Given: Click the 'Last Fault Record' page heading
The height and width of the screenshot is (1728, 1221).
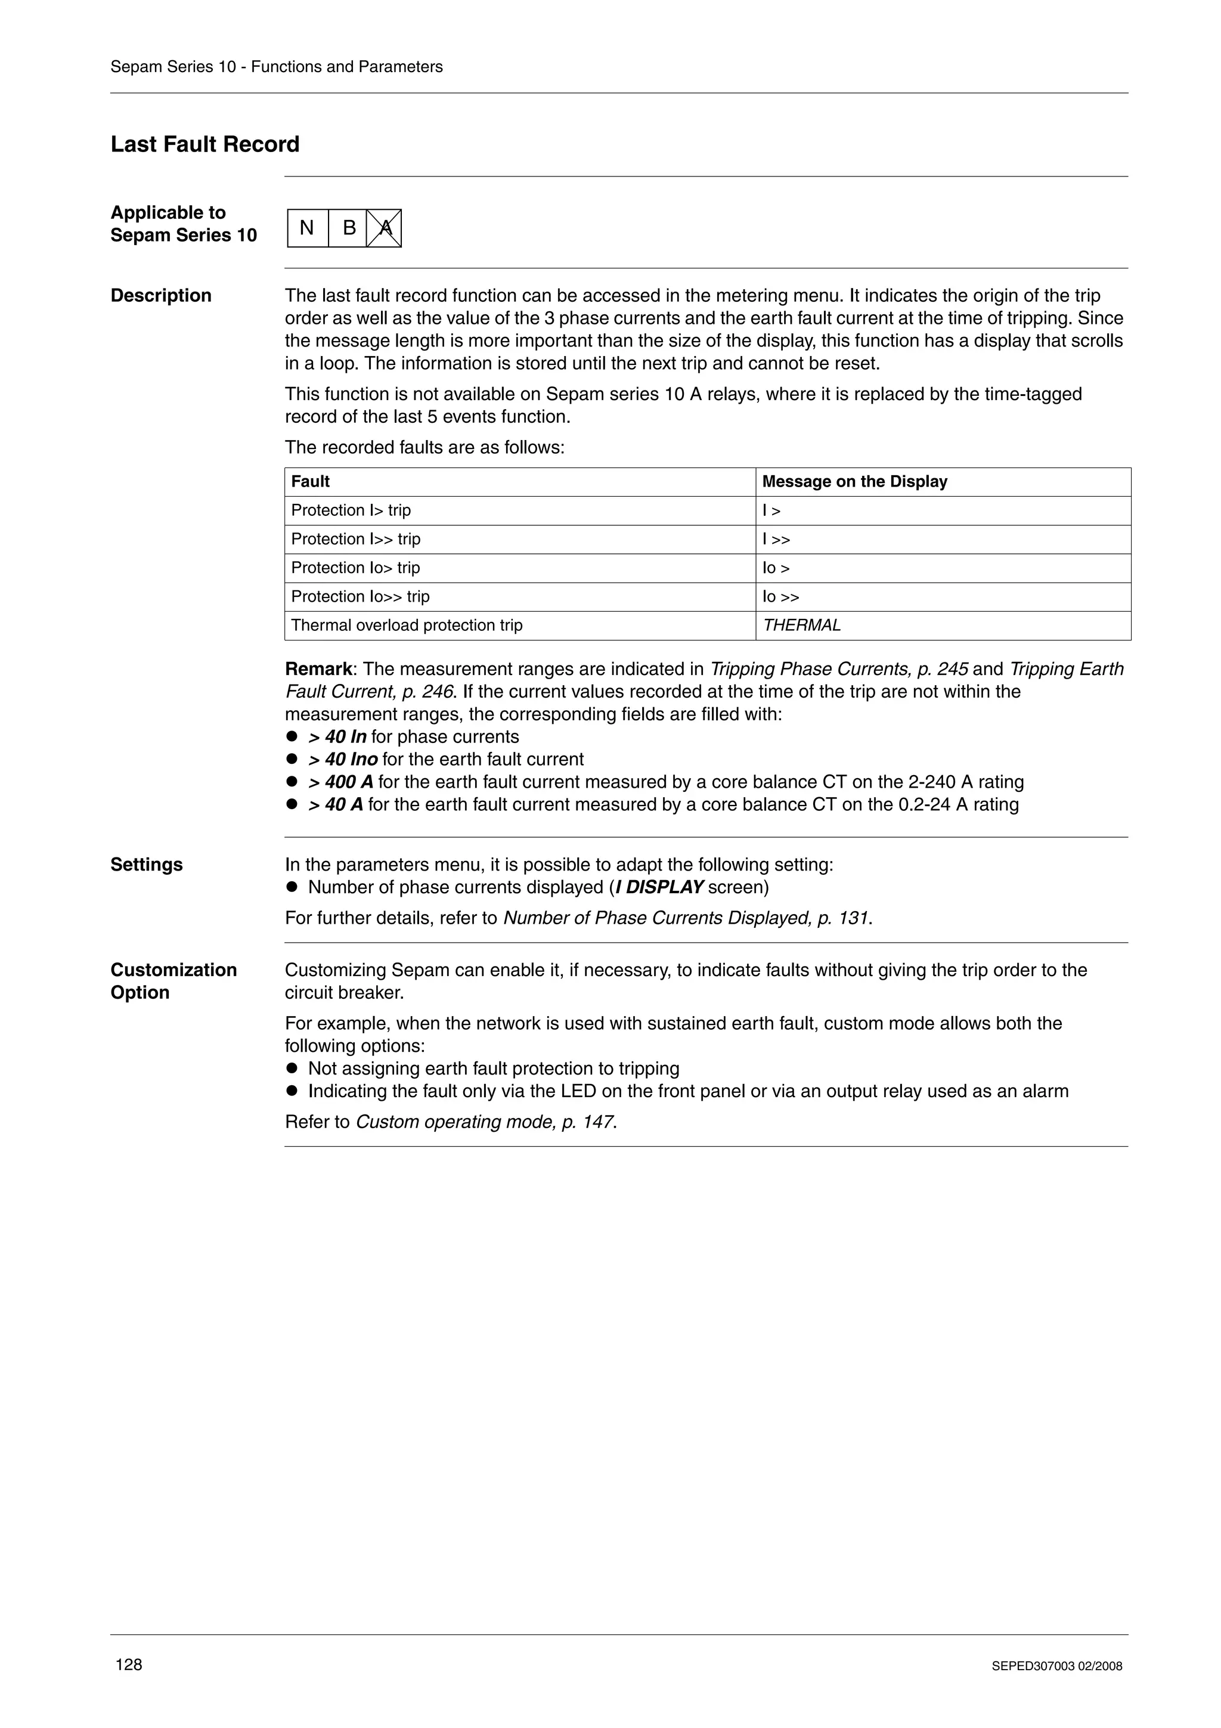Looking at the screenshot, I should click(204, 144).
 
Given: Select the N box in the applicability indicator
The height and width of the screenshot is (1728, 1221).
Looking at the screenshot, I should click(307, 228).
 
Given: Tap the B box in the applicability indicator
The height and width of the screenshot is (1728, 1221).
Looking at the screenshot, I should click(348, 228).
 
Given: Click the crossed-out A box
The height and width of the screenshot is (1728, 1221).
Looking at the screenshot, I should click(385, 228).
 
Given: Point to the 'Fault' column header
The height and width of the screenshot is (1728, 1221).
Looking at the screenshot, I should click(310, 482).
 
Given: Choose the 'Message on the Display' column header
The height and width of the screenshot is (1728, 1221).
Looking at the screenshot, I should click(854, 482).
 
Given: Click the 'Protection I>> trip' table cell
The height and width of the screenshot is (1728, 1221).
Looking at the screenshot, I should click(356, 539).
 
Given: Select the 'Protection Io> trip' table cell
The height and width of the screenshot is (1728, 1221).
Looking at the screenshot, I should click(355, 568).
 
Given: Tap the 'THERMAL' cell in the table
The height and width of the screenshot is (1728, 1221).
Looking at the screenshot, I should click(801, 625).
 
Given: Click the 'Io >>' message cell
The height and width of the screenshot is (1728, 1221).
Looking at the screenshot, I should click(780, 597).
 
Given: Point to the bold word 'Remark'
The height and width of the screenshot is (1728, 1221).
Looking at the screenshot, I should click(318, 669).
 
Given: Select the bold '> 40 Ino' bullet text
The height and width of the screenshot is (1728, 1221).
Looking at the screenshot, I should click(343, 760).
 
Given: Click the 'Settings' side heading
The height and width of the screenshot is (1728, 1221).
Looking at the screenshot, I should click(147, 865).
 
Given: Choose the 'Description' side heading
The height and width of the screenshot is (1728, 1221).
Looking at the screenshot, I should click(161, 296).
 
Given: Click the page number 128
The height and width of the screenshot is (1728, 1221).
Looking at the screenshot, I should click(129, 1664).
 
